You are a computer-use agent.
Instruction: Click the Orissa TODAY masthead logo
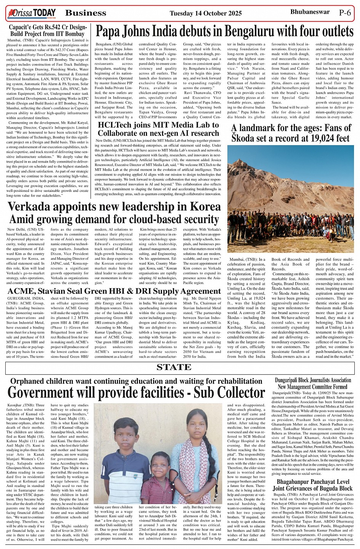click(x=31, y=13)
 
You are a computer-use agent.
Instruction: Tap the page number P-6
click(x=345, y=12)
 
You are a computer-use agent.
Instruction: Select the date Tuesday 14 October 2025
click(x=206, y=13)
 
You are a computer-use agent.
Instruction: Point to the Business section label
click(x=86, y=13)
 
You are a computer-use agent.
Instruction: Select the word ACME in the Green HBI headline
click(x=21, y=291)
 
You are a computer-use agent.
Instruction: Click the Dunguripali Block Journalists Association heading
click(x=313, y=380)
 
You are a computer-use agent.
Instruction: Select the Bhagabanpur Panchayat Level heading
click(x=313, y=482)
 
